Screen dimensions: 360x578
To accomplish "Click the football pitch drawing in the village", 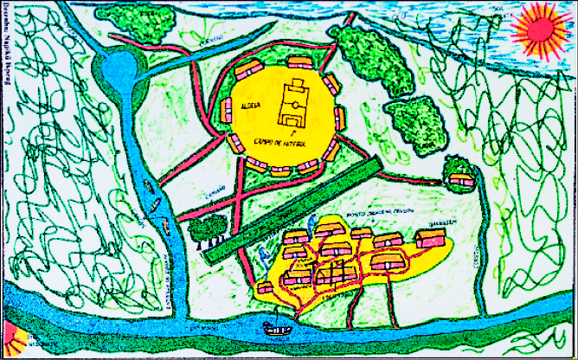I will tap(292, 102).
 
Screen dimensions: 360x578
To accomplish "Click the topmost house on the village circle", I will tap(299, 62).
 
